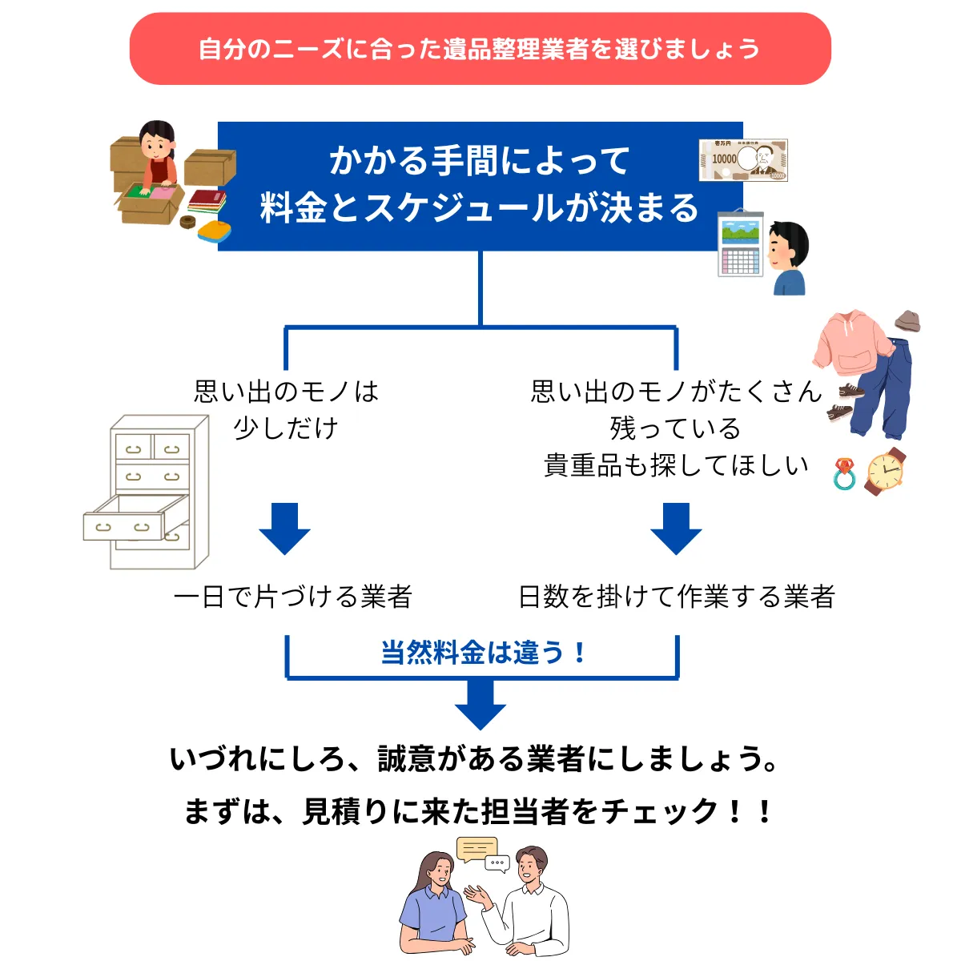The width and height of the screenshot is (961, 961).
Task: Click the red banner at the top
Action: [480, 49]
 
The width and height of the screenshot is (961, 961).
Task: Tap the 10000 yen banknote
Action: [743, 160]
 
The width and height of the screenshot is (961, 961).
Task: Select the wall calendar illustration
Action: [740, 243]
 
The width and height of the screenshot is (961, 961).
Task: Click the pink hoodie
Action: [850, 345]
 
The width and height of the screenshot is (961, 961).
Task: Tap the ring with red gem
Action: [844, 474]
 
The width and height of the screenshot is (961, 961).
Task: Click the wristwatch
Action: [886, 471]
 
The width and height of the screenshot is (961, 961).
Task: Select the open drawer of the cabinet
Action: [128, 519]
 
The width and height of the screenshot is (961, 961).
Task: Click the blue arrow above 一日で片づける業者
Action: [284, 528]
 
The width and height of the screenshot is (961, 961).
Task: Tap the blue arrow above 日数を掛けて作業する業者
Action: [676, 528]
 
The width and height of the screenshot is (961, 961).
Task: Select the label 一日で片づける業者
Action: [292, 597]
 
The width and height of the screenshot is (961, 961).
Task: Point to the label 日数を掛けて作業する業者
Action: [676, 597]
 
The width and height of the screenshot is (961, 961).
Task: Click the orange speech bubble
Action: [476, 848]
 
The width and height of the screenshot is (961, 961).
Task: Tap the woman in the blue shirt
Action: [435, 905]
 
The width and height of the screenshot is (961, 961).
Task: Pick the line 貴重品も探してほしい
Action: [676, 465]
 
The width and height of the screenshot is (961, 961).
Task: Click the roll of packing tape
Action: [190, 221]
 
